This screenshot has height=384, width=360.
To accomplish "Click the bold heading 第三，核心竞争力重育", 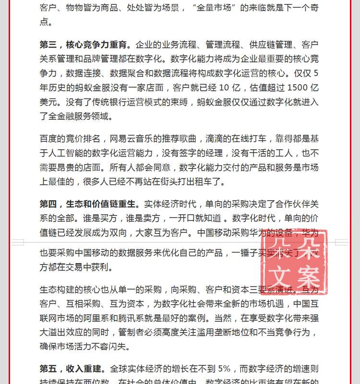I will coord(85,45).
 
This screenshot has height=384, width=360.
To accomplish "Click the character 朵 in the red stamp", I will coord(308,249).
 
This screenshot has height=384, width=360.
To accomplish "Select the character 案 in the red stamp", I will coord(308,277).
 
